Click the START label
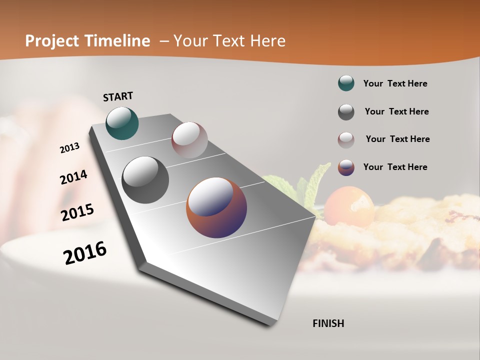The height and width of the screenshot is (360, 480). point(118,96)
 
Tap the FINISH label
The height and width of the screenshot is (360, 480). point(328,323)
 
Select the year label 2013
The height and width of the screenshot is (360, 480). point(69,148)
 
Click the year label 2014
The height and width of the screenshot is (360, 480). point(73,177)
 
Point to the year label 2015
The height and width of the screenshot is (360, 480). point(77,212)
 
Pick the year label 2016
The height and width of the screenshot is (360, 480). point(85,252)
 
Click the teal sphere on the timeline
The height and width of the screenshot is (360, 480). point(122,123)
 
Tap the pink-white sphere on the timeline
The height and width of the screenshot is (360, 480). point(189,139)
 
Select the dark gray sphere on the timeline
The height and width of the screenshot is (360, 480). point(145,179)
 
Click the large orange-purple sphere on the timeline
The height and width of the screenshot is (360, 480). point(216,207)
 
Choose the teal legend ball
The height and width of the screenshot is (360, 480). point(346,83)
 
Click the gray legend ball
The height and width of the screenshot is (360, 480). point(346,112)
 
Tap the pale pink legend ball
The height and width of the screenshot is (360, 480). point(346,140)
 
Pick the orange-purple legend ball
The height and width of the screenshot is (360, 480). point(346,167)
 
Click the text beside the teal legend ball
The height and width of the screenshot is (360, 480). point(395,83)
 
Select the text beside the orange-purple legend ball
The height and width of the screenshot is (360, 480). point(395,167)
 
